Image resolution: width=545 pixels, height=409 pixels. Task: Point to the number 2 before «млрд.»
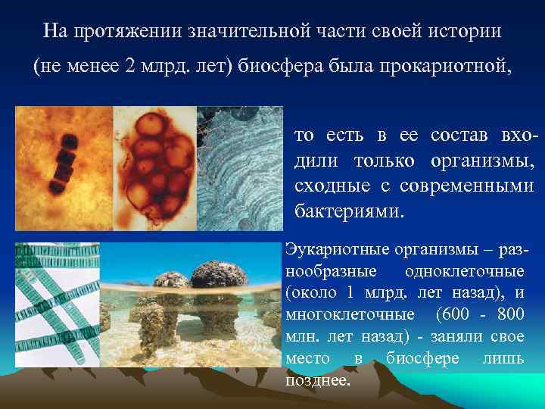pos(134,65)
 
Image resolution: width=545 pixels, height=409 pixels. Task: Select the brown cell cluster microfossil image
pos(154,167)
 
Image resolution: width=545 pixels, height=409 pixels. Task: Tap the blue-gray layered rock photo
pos(239,167)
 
